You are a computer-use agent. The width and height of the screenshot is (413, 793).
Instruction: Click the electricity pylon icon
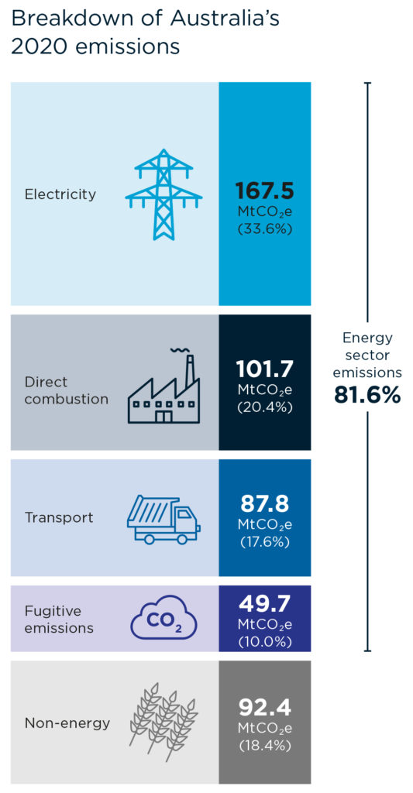click(163, 194)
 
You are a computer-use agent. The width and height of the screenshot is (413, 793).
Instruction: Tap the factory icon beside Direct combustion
click(162, 386)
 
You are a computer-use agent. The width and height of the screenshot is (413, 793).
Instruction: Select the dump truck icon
click(163, 520)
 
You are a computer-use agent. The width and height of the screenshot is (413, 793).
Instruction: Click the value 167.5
click(264, 191)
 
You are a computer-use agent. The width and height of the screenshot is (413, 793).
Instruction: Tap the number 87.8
click(264, 504)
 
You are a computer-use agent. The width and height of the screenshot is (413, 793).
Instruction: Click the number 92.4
click(265, 708)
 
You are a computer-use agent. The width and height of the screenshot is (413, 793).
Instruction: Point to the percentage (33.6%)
click(265, 228)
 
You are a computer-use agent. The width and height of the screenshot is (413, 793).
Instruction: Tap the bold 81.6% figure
click(367, 396)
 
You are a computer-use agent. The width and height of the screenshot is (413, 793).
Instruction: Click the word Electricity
click(60, 194)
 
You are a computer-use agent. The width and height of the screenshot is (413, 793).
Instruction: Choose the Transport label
click(59, 518)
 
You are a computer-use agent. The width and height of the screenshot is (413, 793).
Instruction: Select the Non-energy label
click(67, 723)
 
